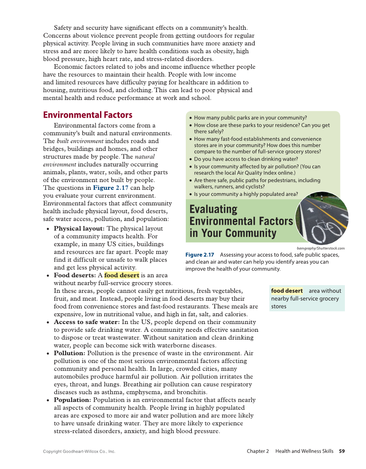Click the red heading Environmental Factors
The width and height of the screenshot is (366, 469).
coord(88,115)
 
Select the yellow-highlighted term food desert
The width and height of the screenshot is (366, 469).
coord(122,275)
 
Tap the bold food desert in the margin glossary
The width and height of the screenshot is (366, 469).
coord(287,291)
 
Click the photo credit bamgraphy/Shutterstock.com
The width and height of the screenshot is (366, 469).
coord(321,248)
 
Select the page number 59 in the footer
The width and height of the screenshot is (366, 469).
coord(342,451)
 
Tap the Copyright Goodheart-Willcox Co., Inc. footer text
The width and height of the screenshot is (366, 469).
coord(79,452)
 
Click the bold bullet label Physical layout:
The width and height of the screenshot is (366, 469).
coord(79,229)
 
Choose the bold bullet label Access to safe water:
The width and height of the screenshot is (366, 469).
coord(87,322)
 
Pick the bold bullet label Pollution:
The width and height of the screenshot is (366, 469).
coord(69,353)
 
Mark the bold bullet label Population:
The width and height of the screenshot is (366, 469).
coord(72,400)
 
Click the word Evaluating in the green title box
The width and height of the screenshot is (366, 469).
coord(213,209)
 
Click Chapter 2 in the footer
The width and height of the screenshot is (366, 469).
coord(258,451)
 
